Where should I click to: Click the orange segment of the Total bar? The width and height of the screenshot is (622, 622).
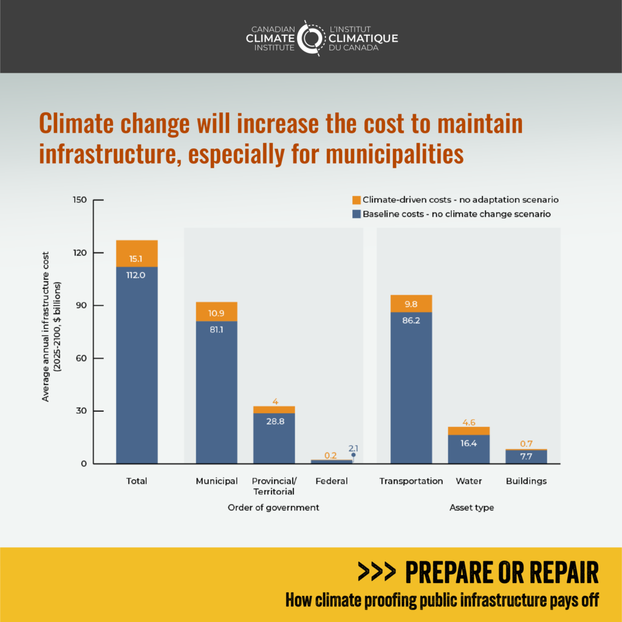coord(137,253)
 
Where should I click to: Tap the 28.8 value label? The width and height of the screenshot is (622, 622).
coord(273,420)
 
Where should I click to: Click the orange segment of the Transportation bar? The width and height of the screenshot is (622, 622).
coord(411,304)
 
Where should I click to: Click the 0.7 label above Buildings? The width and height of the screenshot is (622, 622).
coord(526,443)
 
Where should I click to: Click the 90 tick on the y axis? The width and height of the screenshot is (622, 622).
coord(81,306)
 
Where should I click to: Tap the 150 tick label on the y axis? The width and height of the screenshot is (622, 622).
coord(80,200)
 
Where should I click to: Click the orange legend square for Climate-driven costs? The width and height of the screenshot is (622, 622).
coord(357,200)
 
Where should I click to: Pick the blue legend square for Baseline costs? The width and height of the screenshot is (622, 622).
coord(357,214)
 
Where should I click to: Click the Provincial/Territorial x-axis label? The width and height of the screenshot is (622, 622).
coord(273,486)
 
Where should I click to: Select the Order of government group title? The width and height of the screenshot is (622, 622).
coord(273,507)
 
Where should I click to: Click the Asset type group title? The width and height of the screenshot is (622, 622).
coord(472,507)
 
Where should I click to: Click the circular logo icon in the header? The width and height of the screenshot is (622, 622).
coord(311,38)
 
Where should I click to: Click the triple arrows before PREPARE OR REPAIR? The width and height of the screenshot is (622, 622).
coord(377,572)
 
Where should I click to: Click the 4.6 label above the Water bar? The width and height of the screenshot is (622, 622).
coord(468,422)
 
